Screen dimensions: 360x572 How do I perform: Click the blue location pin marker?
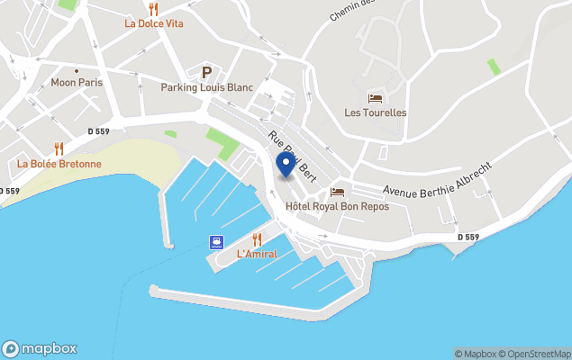pos(286,164)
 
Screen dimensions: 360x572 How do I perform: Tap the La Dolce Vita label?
pos(153,23)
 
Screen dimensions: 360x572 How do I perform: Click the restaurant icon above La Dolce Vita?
pos(153,8)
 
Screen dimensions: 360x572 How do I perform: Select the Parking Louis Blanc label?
pos(206,87)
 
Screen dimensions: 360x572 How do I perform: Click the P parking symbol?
pos(206,72)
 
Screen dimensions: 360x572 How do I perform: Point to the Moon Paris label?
pos(77,82)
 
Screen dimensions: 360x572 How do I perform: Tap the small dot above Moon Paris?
pos(77,70)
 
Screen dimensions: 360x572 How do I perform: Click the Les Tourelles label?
pos(376,112)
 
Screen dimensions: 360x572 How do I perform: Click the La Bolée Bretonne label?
pos(59,164)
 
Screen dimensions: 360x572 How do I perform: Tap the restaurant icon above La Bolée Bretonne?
pos(59,148)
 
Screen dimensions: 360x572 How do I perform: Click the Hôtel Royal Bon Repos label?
pos(338,206)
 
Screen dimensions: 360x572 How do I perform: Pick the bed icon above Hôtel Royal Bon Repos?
pos(338,192)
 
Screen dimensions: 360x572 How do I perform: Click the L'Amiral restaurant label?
pos(257,255)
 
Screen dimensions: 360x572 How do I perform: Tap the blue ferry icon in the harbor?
pos(216,241)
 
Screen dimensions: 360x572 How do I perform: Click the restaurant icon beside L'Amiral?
pos(257,239)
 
